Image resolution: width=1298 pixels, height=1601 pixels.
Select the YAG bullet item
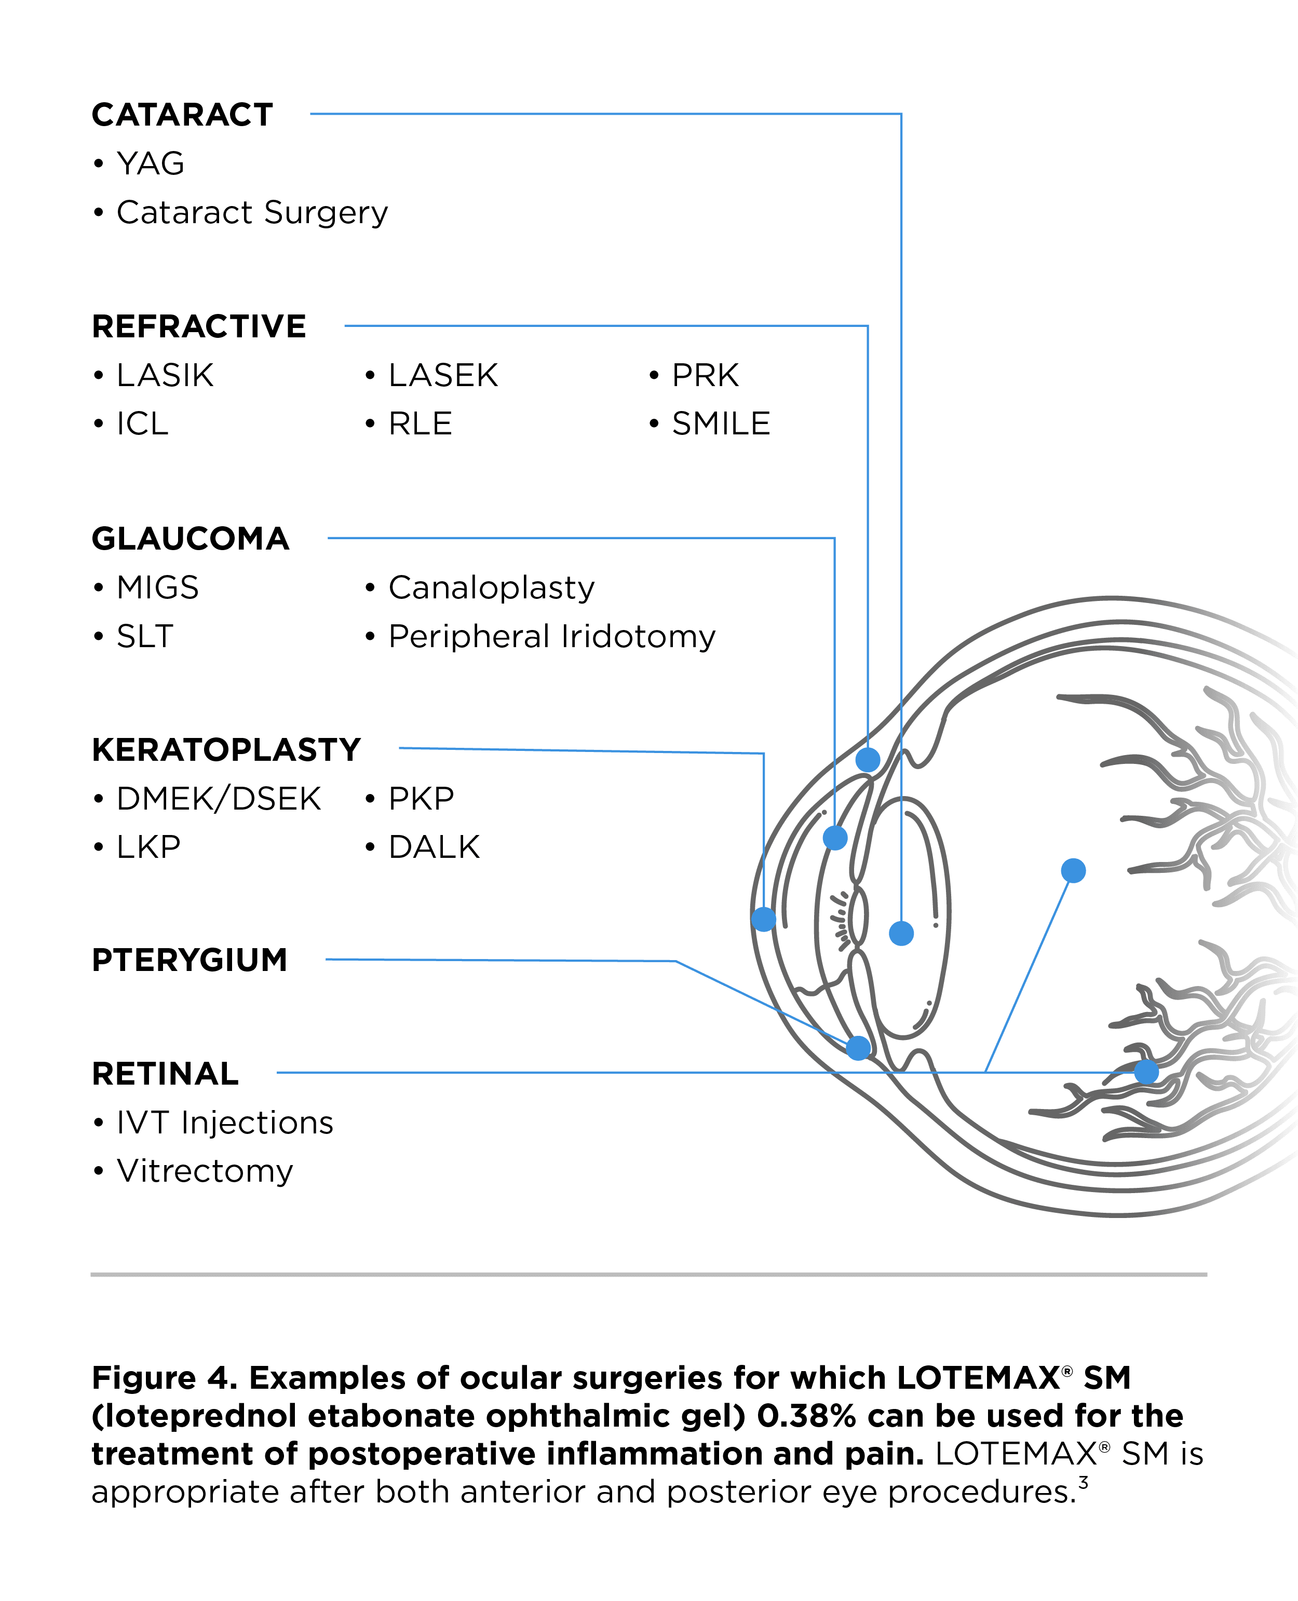pos(150,163)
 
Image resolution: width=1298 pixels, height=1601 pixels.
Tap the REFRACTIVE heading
pos(198,326)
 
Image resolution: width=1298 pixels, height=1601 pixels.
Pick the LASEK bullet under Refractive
pos(443,375)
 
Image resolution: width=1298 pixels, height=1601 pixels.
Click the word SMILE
pos(720,424)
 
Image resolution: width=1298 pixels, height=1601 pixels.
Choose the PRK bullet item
pos(705,375)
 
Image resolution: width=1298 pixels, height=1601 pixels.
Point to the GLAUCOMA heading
pos(190,538)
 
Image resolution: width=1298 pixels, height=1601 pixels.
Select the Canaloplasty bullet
pos(491,587)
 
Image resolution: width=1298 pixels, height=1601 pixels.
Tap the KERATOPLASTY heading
pos(226,750)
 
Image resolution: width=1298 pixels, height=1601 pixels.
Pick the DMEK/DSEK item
pos(219,798)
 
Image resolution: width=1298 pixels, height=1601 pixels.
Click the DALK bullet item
pos(434,847)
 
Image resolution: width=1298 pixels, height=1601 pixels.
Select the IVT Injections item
pos(224,1123)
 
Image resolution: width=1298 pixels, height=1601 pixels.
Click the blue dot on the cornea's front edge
pos(763,919)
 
